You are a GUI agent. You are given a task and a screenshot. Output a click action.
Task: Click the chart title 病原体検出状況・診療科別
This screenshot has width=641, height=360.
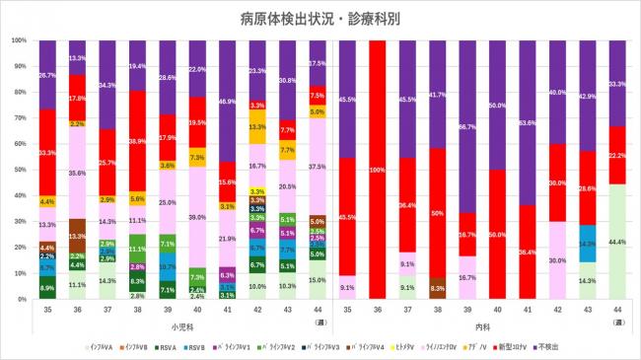(320, 18)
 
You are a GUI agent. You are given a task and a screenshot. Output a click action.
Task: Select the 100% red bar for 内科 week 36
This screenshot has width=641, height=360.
(379, 169)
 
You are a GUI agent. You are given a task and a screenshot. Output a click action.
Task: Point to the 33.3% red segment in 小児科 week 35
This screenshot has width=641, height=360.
(47, 152)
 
